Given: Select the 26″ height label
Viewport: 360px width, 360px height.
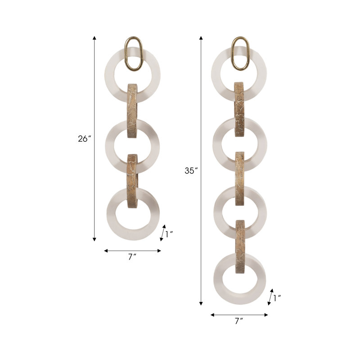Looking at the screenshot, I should coord(84,139).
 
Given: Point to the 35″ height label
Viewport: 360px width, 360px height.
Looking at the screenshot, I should coord(191,171).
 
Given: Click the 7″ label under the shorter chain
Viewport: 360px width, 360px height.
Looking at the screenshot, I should coord(132,257).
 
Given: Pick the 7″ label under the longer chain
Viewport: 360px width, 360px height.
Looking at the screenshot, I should coord(239,321).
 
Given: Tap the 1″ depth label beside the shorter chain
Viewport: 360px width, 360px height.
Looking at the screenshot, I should coord(169,234).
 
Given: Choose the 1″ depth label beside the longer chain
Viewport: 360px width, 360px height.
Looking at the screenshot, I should coord(276,297).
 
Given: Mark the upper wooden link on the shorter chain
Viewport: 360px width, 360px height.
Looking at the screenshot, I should coord(133,110).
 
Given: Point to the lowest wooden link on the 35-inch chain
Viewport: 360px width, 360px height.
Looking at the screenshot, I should coord(240,246).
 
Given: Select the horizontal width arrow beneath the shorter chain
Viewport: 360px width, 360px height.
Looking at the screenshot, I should coord(132,251).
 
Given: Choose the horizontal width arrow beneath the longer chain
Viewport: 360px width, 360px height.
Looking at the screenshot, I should coord(239,315).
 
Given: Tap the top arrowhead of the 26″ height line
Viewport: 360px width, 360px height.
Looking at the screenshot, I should coord(94,38).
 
